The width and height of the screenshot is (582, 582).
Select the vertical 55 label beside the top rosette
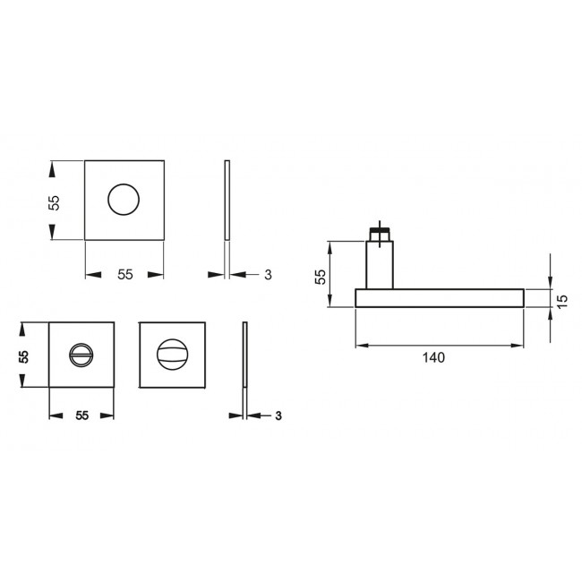coord(54,202)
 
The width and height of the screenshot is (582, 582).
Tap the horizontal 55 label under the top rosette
coord(124,275)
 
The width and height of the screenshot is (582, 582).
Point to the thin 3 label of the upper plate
coord(268,275)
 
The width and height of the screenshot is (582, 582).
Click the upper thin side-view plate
coord(227,201)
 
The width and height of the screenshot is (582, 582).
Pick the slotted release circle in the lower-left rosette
coord(81,355)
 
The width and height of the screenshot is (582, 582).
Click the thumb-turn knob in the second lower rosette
coord(173,355)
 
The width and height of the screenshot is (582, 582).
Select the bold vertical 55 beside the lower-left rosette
coord(25,355)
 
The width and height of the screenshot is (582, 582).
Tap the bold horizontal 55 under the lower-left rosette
coord(81,415)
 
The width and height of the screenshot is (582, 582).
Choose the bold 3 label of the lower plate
coord(278,415)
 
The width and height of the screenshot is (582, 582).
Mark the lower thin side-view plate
coord(244,355)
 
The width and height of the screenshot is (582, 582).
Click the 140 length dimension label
coord(433,356)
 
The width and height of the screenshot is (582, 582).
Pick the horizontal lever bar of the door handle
coord(439,298)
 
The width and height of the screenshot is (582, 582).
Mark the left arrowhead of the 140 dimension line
coord(362,345)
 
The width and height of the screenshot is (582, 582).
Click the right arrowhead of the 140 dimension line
coord(518,345)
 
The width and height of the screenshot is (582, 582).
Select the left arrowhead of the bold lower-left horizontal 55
coord(54,415)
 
